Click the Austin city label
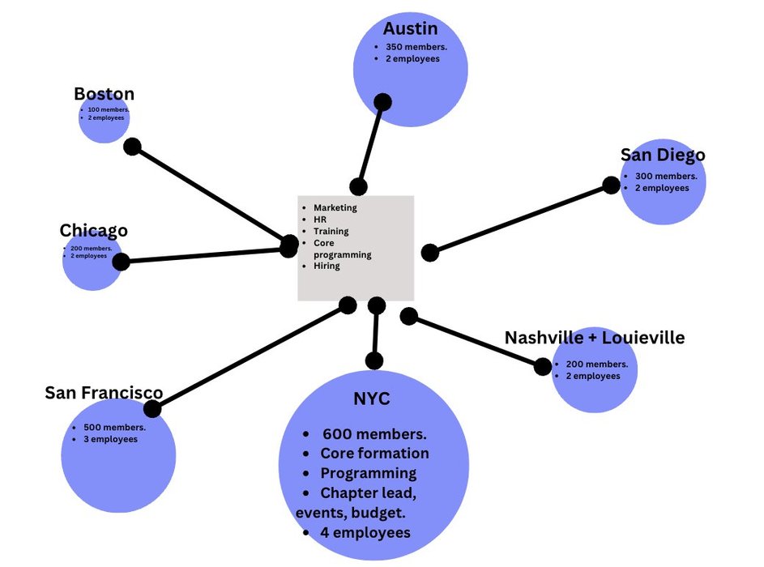[x=411, y=29]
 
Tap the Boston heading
[x=104, y=94]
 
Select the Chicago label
[x=93, y=231]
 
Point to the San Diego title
[x=663, y=155]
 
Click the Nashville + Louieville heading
[x=595, y=337]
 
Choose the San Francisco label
[x=104, y=393]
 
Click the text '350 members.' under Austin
[x=416, y=47]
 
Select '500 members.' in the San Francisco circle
[x=114, y=428]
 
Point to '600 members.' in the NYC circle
[x=374, y=434]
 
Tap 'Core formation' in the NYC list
[x=374, y=454]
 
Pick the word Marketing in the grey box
[x=335, y=208]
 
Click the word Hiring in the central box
[x=327, y=266]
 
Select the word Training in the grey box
[x=331, y=231]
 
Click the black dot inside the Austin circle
[x=382, y=102]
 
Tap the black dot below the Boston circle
[x=132, y=147]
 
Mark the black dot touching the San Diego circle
[x=612, y=185]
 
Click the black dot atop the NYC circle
[x=374, y=361]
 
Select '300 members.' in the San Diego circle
[x=666, y=177]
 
